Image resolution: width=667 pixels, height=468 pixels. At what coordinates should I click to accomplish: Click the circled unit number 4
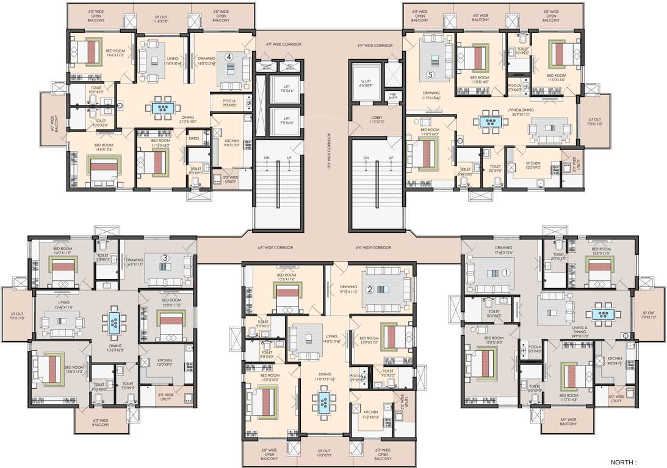point(229,57)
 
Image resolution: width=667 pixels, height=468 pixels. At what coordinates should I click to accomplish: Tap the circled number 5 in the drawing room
point(430,75)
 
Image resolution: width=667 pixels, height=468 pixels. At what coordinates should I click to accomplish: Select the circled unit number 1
point(505,273)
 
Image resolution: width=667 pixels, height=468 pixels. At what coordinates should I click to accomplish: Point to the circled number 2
point(369,289)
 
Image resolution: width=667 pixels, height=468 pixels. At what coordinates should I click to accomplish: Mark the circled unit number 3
point(164,258)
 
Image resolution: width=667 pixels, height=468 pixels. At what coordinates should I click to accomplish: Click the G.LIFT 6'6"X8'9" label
point(366,83)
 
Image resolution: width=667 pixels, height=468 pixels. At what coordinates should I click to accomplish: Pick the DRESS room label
point(193,138)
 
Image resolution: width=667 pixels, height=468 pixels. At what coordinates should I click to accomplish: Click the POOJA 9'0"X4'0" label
point(229,103)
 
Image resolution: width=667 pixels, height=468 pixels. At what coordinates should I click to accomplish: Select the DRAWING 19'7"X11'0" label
point(348,289)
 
